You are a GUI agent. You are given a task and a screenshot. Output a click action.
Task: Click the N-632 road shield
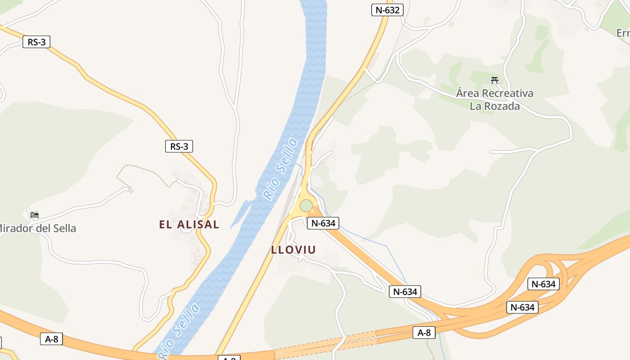[x=387, y=10]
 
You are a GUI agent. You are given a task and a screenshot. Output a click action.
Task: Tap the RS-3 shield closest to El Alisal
[x=179, y=146]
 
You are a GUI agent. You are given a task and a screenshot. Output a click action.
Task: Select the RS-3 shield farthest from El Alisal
[x=36, y=42]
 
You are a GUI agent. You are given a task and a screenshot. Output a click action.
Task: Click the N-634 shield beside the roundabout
[x=323, y=223]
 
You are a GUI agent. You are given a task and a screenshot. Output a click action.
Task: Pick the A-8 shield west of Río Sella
[x=52, y=339]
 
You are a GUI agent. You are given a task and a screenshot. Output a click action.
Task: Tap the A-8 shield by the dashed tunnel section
[x=424, y=333]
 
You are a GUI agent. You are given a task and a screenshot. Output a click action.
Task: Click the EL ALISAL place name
[x=189, y=225]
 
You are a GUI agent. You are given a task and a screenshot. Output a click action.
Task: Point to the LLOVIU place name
[x=293, y=250]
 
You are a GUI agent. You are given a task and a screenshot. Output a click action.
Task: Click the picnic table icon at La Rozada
[x=495, y=81]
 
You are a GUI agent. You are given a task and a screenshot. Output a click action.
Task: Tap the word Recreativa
[x=508, y=94]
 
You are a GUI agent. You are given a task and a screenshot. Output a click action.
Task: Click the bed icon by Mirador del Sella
[x=35, y=215]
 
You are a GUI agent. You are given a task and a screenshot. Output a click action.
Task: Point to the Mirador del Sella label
[x=38, y=229]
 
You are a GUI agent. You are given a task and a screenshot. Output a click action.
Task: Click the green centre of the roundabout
[x=306, y=206]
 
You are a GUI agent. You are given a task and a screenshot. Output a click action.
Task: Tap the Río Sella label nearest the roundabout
[x=280, y=169]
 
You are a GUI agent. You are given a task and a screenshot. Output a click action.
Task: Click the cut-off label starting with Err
[x=623, y=33]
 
